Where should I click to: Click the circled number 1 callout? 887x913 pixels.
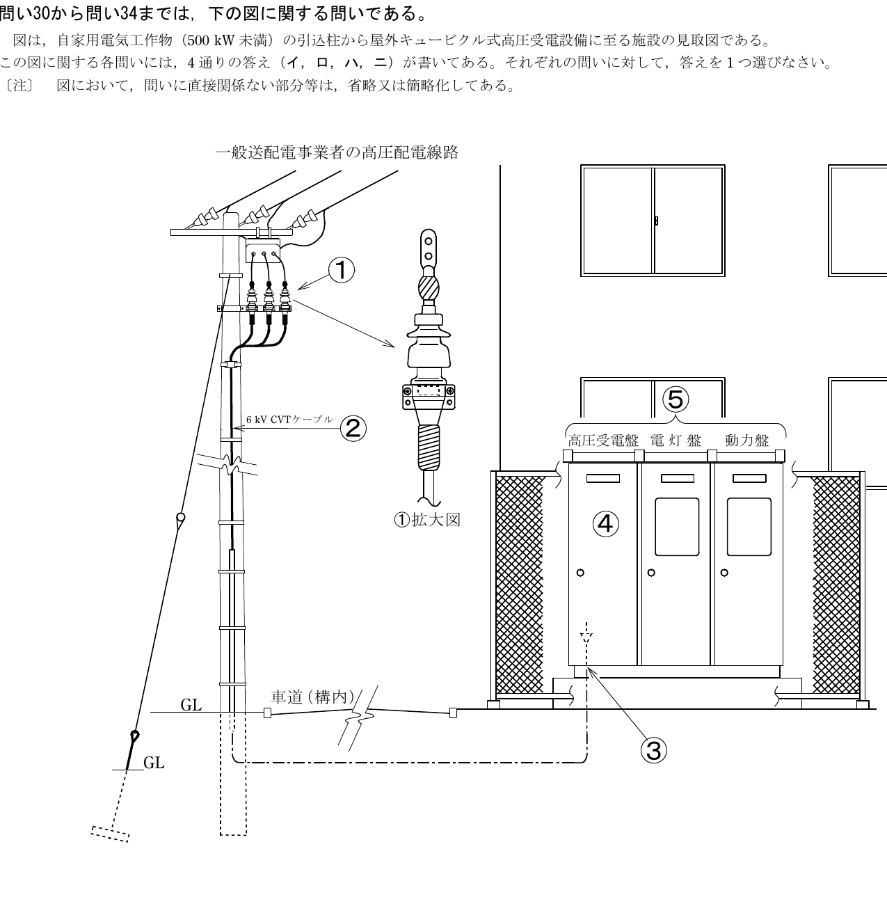pyautogui.click(x=341, y=270)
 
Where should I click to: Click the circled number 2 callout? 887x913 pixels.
pyautogui.click(x=353, y=429)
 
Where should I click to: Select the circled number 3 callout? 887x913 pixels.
pyautogui.click(x=653, y=750)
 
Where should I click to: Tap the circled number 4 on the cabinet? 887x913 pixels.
pyautogui.click(x=605, y=523)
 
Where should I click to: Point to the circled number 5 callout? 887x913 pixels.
pyautogui.click(x=676, y=399)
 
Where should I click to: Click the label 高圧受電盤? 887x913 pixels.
pyautogui.click(x=603, y=440)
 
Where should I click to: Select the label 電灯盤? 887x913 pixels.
pyautogui.click(x=676, y=440)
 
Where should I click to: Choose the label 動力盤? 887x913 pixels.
pyautogui.click(x=746, y=440)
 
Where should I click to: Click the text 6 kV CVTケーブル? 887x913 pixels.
pyautogui.click(x=289, y=420)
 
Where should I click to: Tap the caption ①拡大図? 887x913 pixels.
pyautogui.click(x=427, y=520)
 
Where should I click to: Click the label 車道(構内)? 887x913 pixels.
pyautogui.click(x=313, y=697)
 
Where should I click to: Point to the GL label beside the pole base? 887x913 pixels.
pyautogui.click(x=191, y=705)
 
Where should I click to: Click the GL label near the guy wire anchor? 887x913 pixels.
pyautogui.click(x=154, y=763)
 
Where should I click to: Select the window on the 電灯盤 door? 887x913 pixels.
pyautogui.click(x=677, y=526)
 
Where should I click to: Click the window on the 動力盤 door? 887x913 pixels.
pyautogui.click(x=749, y=526)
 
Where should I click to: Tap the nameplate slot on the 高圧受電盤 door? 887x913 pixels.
pyautogui.click(x=602, y=478)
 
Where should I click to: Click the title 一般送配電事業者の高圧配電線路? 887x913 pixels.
pyautogui.click(x=337, y=152)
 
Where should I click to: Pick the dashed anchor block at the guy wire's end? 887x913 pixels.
pyautogui.click(x=110, y=834)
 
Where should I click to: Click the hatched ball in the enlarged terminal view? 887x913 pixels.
pyautogui.click(x=429, y=288)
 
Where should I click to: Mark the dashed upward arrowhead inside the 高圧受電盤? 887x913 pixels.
pyautogui.click(x=586, y=637)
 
